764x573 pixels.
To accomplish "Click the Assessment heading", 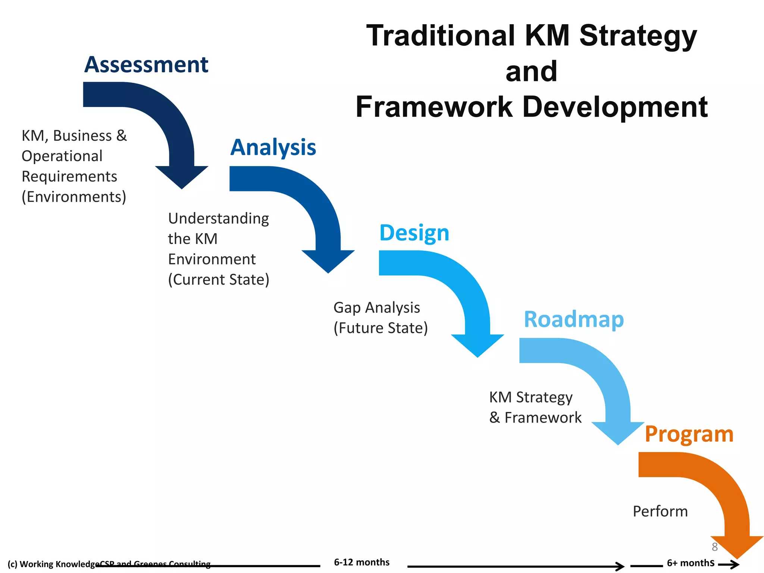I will click(146, 65).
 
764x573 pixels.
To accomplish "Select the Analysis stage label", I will click(273, 147).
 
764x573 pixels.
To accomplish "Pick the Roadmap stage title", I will click(574, 319).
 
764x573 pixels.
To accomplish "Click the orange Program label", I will click(689, 434).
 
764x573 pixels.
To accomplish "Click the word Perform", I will click(660, 511).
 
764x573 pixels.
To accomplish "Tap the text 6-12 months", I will click(361, 562).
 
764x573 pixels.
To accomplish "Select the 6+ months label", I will click(691, 563).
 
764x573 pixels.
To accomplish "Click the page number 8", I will click(714, 547).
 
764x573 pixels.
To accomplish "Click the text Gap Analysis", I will click(377, 308).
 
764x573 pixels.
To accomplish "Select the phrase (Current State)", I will click(219, 279).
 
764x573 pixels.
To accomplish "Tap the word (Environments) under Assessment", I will click(74, 197).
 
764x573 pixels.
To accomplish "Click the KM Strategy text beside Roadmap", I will click(530, 397).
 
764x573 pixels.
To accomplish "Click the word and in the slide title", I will click(531, 71).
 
